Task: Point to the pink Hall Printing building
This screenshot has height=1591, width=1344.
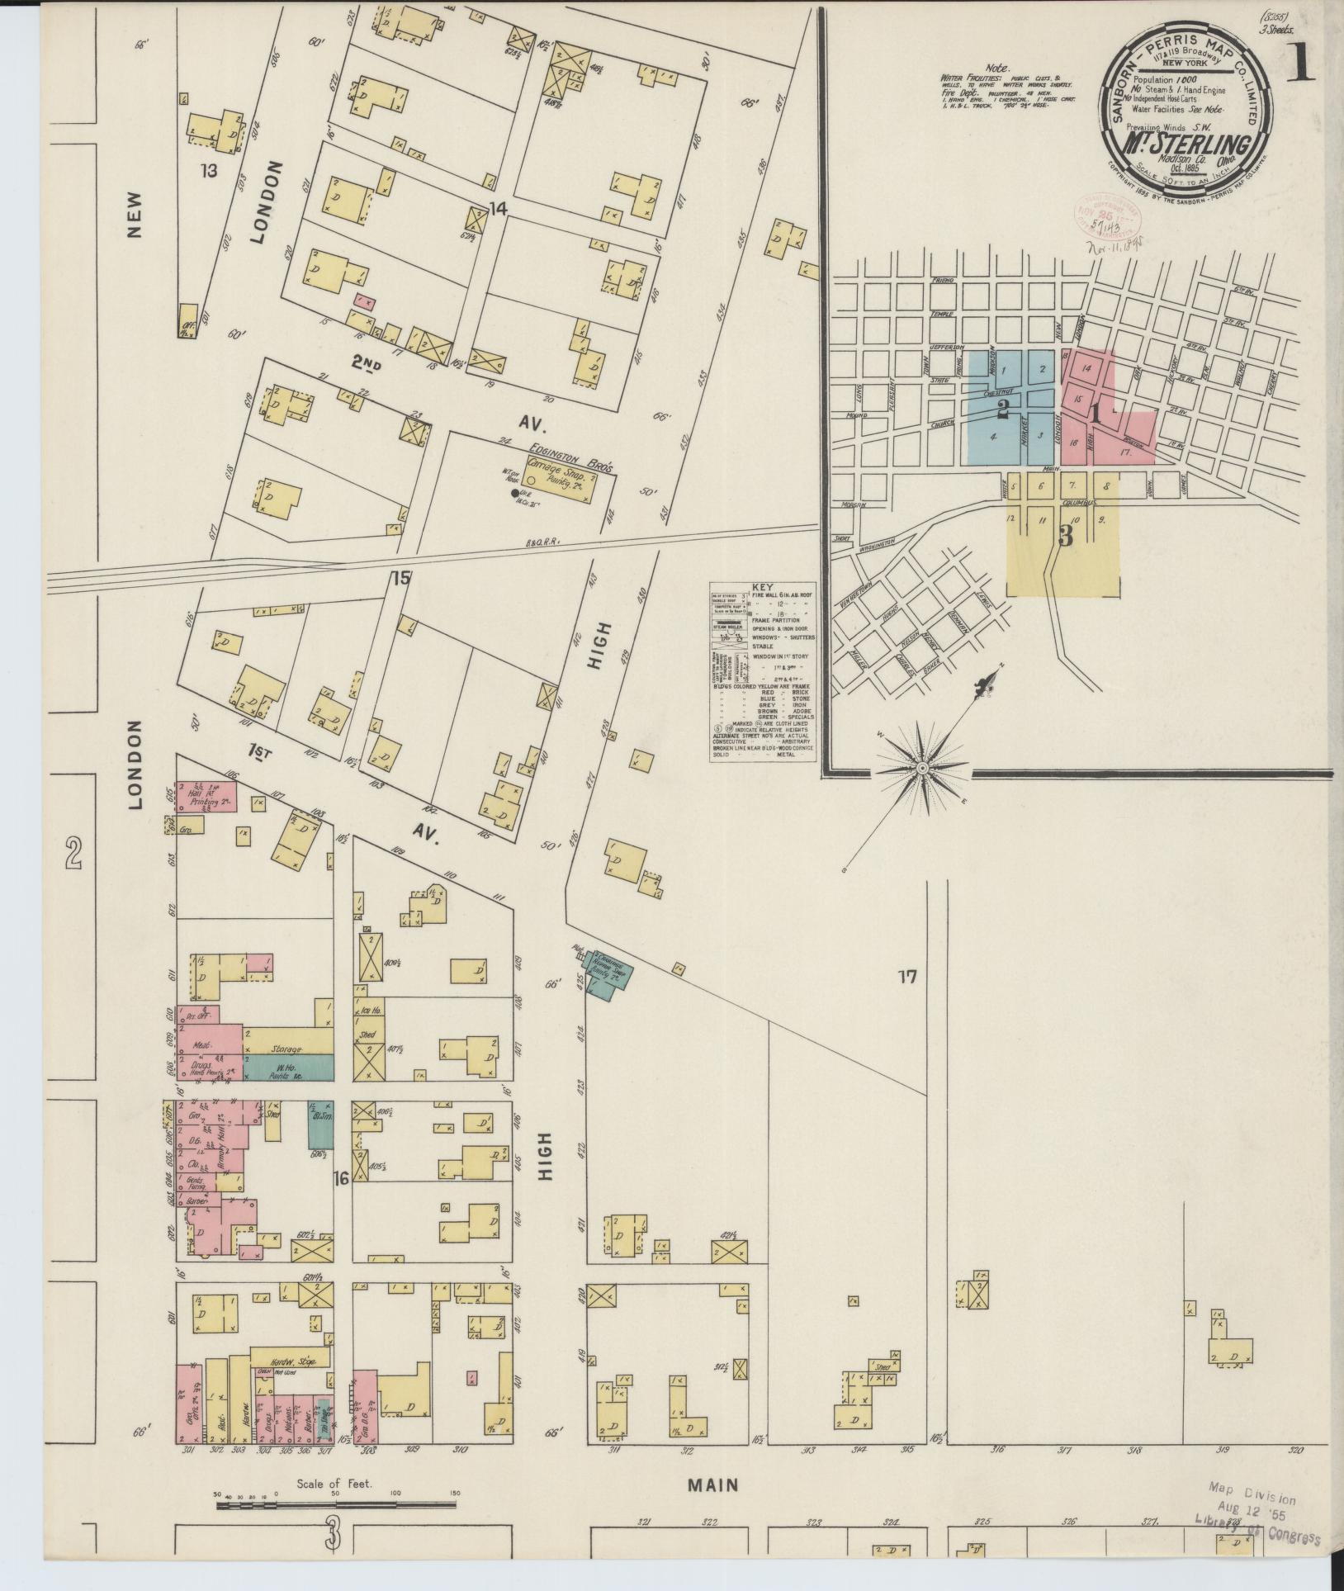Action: click(x=206, y=795)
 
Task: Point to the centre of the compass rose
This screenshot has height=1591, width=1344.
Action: click(x=923, y=769)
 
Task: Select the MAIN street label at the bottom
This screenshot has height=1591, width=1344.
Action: click(x=713, y=1485)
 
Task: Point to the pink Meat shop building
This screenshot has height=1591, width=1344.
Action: click(x=200, y=1044)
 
